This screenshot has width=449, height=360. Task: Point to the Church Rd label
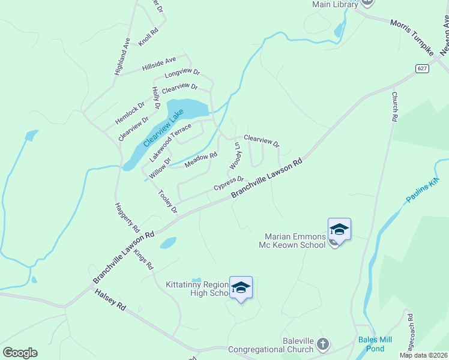click(394, 107)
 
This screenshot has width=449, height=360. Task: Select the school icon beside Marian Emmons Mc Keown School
click(339, 230)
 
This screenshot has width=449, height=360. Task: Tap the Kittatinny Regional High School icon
click(241, 287)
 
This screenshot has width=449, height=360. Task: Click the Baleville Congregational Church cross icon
click(323, 344)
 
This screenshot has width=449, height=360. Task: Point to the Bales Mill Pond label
click(375, 344)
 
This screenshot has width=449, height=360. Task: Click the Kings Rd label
click(144, 259)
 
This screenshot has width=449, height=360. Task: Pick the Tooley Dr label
click(168, 202)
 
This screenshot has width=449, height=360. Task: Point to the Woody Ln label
click(236, 155)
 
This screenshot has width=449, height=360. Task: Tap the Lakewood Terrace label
click(170, 142)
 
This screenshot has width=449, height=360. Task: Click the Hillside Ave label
click(159, 64)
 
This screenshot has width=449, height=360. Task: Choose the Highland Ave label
click(122, 56)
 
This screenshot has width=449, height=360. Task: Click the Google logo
click(20, 353)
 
